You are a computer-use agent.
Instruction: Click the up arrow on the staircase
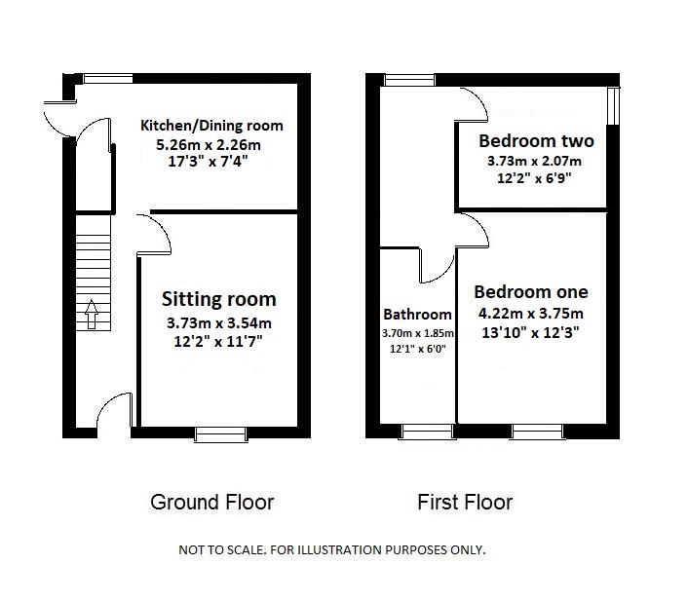click(x=92, y=314)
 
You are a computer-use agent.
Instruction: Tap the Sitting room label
click(x=219, y=299)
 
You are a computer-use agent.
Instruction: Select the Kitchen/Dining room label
click(x=211, y=126)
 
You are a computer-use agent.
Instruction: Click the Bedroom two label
click(x=536, y=140)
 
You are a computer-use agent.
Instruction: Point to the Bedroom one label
click(x=531, y=292)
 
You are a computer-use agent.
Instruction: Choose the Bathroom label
click(x=417, y=315)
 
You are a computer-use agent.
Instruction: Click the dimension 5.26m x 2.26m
click(x=209, y=145)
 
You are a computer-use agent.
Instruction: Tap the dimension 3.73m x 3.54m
click(x=219, y=323)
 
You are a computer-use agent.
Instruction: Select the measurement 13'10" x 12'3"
click(x=530, y=333)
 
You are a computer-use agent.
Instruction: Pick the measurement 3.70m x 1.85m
click(x=418, y=333)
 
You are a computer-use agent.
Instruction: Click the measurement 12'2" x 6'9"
click(x=534, y=178)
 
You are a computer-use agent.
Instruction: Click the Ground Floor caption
click(x=211, y=503)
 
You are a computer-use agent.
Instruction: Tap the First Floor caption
click(x=465, y=503)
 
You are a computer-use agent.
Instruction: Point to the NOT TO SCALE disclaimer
click(x=332, y=549)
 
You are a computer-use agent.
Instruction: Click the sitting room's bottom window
click(x=221, y=433)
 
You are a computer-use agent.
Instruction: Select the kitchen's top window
click(x=108, y=79)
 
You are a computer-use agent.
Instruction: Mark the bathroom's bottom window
click(x=428, y=432)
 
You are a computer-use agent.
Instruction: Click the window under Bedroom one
click(x=538, y=432)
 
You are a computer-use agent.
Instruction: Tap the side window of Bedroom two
click(x=613, y=105)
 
